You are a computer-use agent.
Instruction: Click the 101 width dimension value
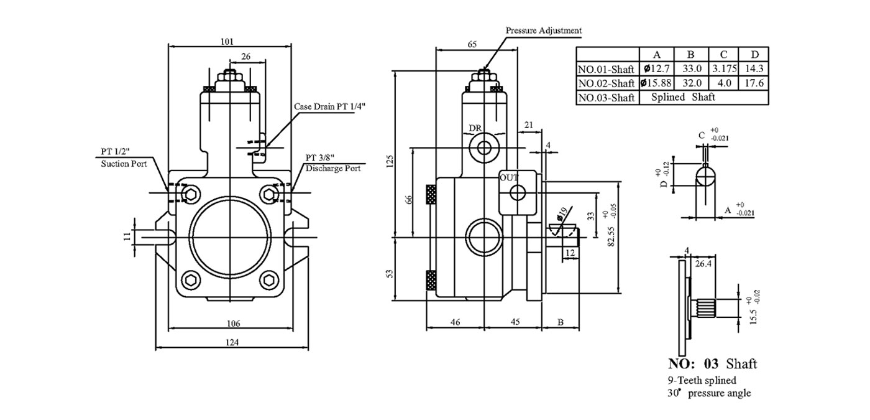point(227,42)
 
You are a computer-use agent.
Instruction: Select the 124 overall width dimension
point(232,343)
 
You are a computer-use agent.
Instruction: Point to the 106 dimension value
point(233,323)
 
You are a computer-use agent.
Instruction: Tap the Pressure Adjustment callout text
point(544,30)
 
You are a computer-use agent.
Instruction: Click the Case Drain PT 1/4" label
point(330,106)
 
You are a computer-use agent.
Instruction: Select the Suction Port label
point(124,164)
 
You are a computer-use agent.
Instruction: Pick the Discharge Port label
point(333,169)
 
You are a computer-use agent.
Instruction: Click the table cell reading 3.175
point(724,69)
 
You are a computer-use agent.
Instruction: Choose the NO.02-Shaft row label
point(606,83)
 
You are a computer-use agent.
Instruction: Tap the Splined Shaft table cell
point(683,97)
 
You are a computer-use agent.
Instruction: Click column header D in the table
point(754,55)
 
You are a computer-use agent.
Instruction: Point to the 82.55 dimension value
point(611,236)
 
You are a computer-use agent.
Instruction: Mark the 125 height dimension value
point(390,161)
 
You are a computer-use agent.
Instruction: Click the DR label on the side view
point(475,128)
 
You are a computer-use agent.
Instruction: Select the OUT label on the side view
point(509,178)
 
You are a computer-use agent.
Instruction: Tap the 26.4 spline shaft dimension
point(703,264)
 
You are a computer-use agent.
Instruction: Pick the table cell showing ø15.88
point(656,83)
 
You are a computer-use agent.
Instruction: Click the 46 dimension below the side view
point(455,322)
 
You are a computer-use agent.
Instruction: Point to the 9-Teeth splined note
point(702,380)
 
